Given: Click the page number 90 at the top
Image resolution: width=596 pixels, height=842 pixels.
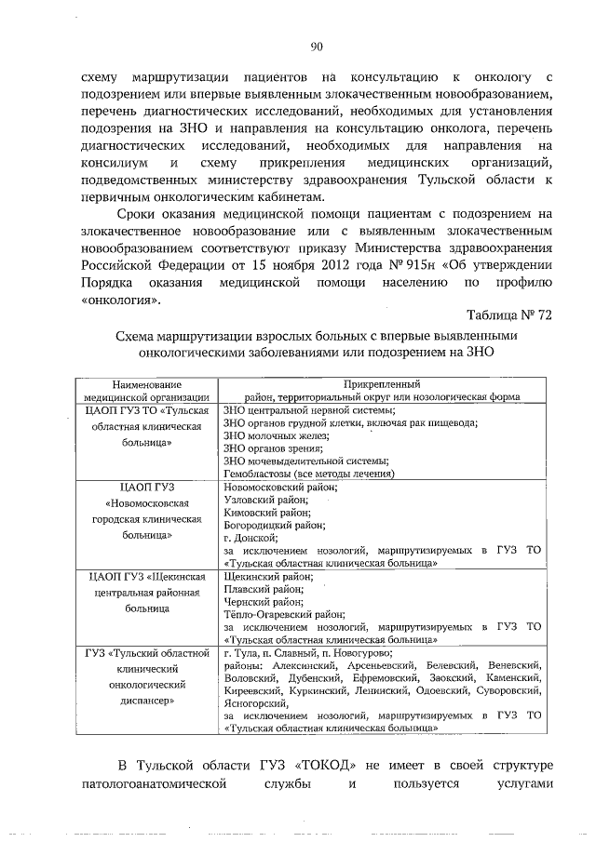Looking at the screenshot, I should pos(316,47).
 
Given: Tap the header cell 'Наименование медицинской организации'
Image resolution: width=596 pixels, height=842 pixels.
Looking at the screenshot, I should pos(146,390).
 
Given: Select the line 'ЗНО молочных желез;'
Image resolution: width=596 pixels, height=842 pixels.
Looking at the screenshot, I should pos(274,434).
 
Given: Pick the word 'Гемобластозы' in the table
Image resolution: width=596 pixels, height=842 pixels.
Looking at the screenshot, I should pos(257,474).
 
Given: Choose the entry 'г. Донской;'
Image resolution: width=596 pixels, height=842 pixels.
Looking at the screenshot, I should pos(251,539).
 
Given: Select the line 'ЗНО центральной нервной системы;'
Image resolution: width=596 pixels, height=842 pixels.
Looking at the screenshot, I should pos(305,408).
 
